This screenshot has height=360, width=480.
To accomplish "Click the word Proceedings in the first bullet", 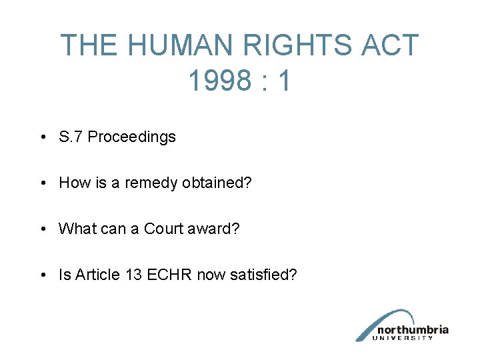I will [132, 137].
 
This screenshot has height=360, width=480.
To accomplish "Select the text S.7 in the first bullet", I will [71, 137].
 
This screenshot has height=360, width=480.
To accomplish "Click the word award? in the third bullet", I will [213, 229].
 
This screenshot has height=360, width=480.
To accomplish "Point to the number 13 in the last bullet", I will [133, 275].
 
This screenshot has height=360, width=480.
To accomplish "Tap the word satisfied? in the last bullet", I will [263, 275].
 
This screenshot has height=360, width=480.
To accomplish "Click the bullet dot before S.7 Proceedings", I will [42, 138].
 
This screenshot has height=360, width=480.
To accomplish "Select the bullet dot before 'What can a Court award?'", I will [42, 229].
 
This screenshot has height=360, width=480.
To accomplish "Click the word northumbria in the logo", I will [413, 329].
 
